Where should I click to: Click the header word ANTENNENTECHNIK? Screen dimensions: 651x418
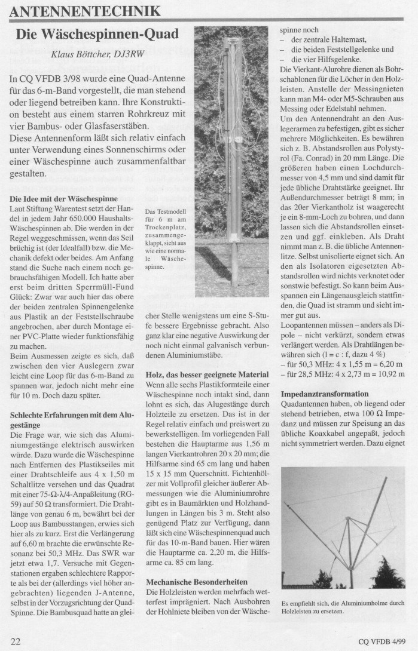click(x=86, y=11)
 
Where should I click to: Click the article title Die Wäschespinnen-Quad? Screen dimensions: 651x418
click(x=98, y=34)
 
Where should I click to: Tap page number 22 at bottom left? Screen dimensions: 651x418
click(x=16, y=641)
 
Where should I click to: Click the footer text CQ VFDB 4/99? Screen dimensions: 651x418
click(x=381, y=641)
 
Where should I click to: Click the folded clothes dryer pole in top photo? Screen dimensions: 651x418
click(x=229, y=149)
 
